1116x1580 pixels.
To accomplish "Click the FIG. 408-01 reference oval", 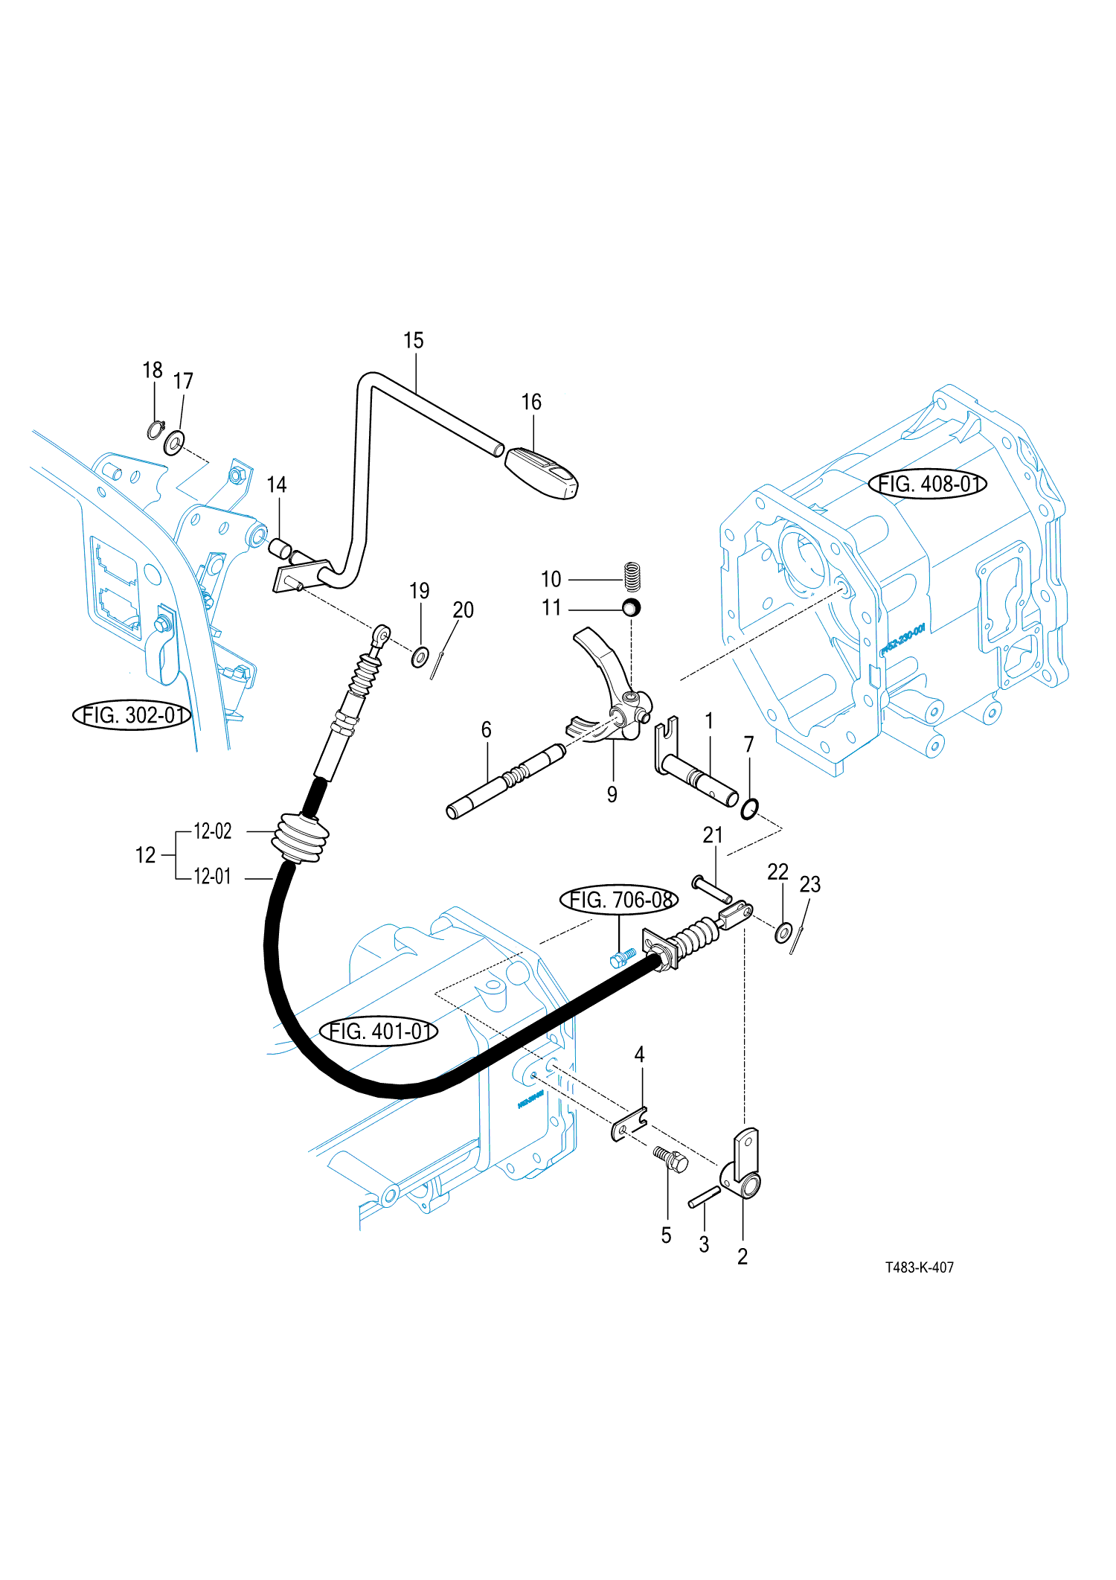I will [x=927, y=484].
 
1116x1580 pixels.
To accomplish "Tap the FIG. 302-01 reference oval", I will [x=132, y=715].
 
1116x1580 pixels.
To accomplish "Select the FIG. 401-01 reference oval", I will [x=379, y=1032].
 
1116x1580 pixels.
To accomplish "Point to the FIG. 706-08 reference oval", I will [x=618, y=900].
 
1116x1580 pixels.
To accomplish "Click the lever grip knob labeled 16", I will [x=541, y=473].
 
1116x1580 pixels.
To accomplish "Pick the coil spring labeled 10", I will [x=632, y=576].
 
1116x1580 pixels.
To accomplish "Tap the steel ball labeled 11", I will [x=632, y=607].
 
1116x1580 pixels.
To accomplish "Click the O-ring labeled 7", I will [x=750, y=809].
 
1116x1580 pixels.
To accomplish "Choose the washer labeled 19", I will [x=420, y=657].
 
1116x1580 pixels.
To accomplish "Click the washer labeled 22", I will [x=783, y=933].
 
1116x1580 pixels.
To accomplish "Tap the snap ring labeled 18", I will [x=155, y=430].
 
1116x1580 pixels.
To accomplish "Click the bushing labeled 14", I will [x=279, y=549].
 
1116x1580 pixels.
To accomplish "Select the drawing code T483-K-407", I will [x=919, y=1267].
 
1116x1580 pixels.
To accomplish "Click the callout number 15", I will [x=413, y=341].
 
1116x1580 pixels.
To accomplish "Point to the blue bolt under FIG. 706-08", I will [x=622, y=957].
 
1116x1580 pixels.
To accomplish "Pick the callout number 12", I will [x=145, y=855].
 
